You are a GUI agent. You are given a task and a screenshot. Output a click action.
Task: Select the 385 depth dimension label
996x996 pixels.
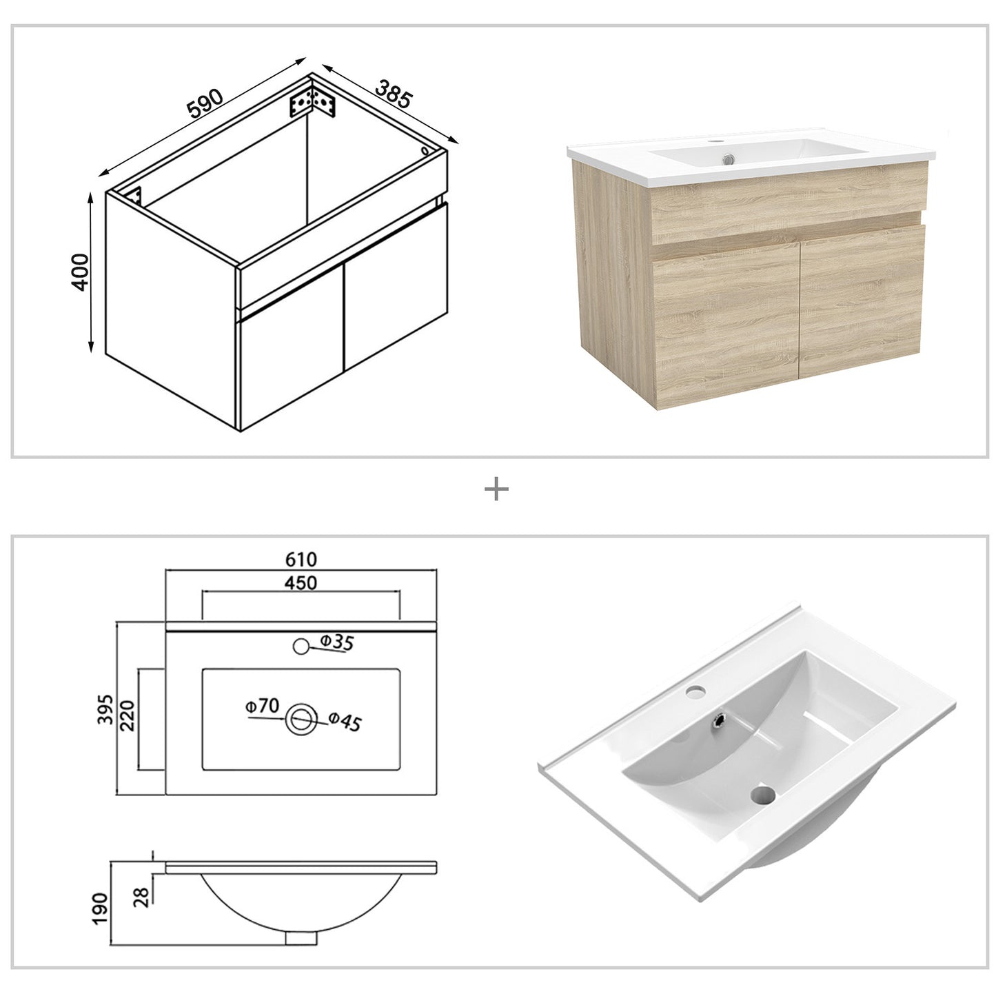pyautogui.click(x=393, y=94)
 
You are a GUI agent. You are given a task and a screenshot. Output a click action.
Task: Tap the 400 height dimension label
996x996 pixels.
pyautogui.click(x=81, y=272)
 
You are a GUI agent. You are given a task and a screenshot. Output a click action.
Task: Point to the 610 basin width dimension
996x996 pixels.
pyautogui.click(x=301, y=558)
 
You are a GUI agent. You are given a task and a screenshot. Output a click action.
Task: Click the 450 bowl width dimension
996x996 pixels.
pyautogui.click(x=301, y=582)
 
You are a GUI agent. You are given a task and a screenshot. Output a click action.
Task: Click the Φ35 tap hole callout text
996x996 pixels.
pyautogui.click(x=336, y=642)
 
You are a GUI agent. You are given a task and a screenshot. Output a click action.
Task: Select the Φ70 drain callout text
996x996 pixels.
pyautogui.click(x=262, y=706)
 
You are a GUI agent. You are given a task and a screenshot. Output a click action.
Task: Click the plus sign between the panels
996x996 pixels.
pyautogui.click(x=496, y=489)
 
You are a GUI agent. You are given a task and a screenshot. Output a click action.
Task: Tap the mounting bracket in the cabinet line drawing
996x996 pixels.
pyautogui.click(x=313, y=103)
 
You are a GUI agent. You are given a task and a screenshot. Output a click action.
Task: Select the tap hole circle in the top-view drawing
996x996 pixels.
pyautogui.click(x=301, y=647)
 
